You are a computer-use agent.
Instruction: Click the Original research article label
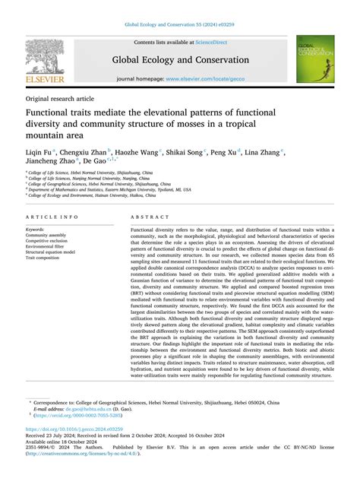[60, 100]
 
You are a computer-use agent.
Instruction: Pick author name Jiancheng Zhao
[49, 163]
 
